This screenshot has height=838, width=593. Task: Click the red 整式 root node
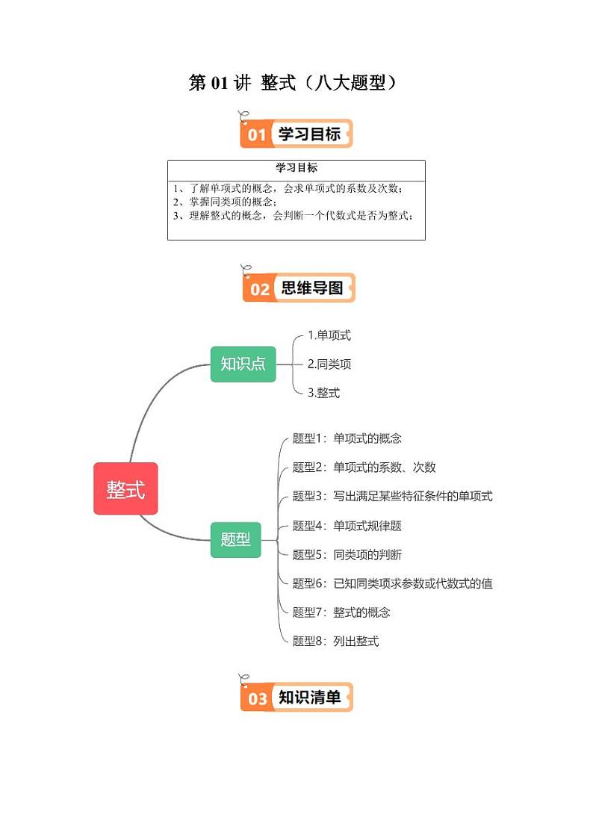tap(125, 488)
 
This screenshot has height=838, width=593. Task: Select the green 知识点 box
tap(243, 364)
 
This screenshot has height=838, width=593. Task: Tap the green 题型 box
tap(235, 539)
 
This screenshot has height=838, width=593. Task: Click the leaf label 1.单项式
tap(329, 335)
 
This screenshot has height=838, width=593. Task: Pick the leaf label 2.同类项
tap(329, 364)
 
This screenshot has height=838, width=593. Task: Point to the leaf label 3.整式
tap(323, 393)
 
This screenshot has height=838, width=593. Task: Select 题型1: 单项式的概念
tap(347, 438)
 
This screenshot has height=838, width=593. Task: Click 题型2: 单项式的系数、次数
tap(364, 468)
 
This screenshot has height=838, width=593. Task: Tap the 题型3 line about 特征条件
tap(392, 496)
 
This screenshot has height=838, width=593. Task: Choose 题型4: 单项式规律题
tap(347, 526)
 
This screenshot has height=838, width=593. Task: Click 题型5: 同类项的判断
tap(347, 554)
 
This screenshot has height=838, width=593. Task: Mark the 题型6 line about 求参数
tap(392, 583)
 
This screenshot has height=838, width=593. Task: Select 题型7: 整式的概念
tap(341, 612)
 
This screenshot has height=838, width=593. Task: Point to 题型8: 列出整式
tap(335, 641)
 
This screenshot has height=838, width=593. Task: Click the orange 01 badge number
tap(256, 135)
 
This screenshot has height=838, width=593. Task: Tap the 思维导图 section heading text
tap(311, 288)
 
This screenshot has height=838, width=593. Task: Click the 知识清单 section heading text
tap(309, 698)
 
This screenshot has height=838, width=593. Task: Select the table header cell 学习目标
tap(296, 168)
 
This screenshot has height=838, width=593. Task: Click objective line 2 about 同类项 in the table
tap(224, 202)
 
